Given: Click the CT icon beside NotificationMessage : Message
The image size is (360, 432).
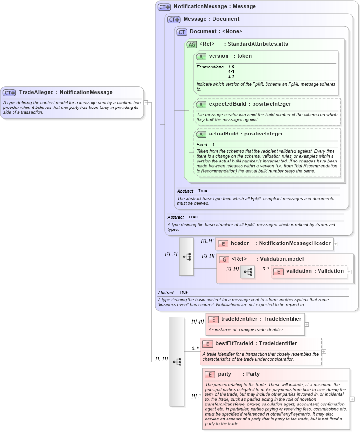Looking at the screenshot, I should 164,7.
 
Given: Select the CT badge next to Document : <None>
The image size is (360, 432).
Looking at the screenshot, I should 182,32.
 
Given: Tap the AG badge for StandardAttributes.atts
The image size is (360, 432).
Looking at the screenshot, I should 191,44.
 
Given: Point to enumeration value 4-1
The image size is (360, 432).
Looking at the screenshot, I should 231,71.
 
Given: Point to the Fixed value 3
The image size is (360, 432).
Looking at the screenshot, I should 213,144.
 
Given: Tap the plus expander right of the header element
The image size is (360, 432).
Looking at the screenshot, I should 336,244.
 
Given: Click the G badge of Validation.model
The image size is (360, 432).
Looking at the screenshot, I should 224,259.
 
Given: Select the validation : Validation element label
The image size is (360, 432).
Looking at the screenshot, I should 315,271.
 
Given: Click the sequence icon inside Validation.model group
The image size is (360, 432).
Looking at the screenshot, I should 248,272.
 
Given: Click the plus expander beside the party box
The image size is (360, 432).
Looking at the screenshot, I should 352,399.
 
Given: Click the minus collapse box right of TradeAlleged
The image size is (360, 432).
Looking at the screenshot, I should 146,102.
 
